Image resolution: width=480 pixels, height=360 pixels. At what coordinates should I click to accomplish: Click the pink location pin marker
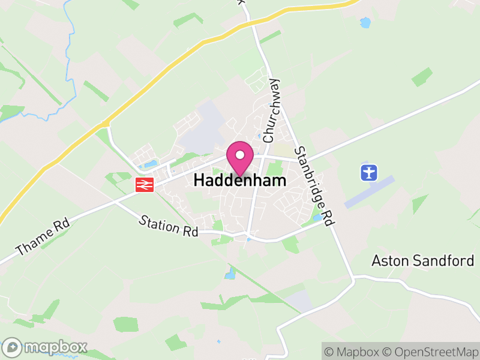(x=240, y=158)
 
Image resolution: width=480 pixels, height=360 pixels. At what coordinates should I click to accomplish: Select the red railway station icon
(x=145, y=185)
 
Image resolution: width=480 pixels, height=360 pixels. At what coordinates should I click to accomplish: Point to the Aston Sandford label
(x=422, y=260)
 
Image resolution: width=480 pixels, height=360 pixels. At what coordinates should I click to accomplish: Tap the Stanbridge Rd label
(x=313, y=186)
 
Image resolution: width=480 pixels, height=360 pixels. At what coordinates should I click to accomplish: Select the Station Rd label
(x=168, y=226)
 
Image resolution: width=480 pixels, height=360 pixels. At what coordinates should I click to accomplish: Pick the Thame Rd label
(x=43, y=239)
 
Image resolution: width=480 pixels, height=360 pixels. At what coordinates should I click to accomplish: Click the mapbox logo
(x=45, y=347)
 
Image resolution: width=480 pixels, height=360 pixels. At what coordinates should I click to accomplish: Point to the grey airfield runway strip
(x=370, y=191)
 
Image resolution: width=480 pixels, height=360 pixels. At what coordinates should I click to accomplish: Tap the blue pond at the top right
(x=365, y=23)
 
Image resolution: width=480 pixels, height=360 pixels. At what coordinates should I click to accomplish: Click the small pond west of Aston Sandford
(x=230, y=274)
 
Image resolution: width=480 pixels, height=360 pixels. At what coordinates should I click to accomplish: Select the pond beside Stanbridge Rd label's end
(x=317, y=217)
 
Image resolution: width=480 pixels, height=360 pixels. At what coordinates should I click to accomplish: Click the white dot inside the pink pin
(x=240, y=154)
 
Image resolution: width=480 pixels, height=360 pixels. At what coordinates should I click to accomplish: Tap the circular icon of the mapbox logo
(x=12, y=347)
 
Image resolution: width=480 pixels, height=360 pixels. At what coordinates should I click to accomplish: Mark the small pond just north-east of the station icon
(x=151, y=164)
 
